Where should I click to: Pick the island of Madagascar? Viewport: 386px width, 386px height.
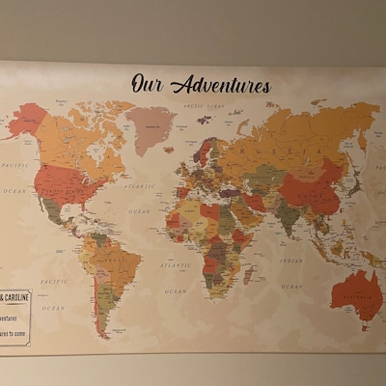(x=249, y=275)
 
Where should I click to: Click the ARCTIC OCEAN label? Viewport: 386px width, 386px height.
(x=204, y=105)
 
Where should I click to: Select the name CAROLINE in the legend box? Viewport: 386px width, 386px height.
(x=16, y=296)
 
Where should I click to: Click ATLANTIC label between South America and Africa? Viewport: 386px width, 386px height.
(x=176, y=262)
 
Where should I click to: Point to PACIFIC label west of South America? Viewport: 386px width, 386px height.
(x=53, y=282)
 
